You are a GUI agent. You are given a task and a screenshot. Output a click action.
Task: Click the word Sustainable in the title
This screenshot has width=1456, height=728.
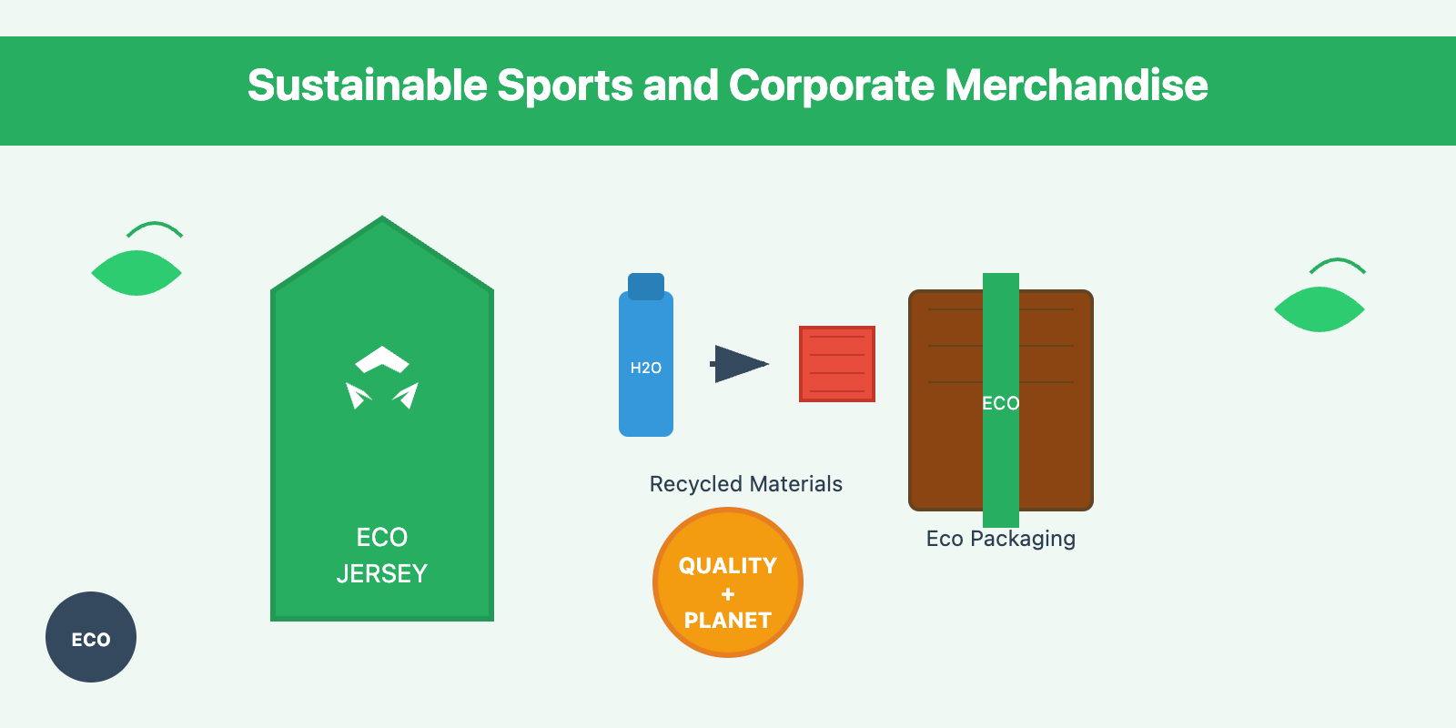coord(368,86)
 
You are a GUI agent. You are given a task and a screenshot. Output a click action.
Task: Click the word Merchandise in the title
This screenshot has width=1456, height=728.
coord(1077,86)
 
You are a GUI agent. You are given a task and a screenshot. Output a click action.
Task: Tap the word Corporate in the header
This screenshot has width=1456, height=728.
coord(831,86)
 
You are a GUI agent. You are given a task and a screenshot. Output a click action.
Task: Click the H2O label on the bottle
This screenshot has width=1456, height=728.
coord(646,368)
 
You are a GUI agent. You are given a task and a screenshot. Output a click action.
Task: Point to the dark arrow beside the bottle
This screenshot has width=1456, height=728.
coord(740,364)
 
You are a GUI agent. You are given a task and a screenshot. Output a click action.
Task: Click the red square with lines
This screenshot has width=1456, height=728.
coord(837,364)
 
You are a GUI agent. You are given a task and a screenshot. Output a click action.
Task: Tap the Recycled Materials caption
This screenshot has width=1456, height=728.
coord(746,484)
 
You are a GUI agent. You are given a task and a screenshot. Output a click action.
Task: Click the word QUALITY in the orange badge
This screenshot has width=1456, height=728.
coord(728,566)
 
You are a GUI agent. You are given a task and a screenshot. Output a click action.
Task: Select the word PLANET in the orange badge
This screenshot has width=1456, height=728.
coord(728,621)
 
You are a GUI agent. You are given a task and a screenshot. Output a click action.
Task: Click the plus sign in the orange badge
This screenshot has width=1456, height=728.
coord(728,594)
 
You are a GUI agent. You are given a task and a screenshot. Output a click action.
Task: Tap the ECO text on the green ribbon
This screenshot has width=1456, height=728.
coord(1001,403)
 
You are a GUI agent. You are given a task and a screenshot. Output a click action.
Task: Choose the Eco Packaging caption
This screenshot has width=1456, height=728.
coord(1001,539)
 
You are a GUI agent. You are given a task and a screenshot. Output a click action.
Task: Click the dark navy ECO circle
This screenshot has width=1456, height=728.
coord(91,637)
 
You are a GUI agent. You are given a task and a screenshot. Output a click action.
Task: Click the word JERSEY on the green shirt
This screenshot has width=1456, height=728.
coord(382,574)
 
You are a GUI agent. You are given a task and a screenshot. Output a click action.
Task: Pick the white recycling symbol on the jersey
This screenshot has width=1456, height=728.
coord(382,378)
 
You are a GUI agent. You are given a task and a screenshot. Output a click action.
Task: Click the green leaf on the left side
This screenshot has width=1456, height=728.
coord(136,273)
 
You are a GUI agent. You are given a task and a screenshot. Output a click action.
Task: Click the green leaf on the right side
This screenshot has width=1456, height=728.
coord(1319,309)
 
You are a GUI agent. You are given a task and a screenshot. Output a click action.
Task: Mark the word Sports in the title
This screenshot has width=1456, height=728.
coord(565,86)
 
